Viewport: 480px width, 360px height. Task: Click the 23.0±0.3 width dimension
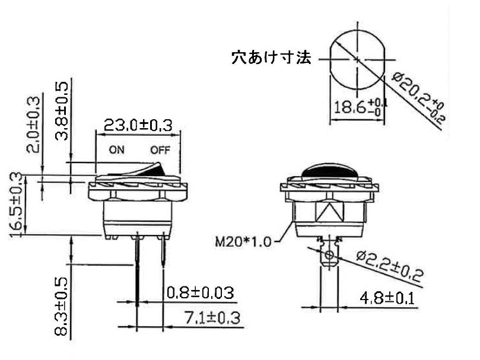click(138, 125)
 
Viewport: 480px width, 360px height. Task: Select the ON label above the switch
click(116, 150)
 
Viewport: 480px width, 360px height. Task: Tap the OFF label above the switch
click(160, 150)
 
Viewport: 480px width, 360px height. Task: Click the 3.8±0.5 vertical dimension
click(62, 111)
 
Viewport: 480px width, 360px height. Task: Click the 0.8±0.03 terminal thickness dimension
click(199, 292)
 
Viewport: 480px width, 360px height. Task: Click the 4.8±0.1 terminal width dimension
click(387, 298)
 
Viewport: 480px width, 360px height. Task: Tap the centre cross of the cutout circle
click(356, 59)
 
